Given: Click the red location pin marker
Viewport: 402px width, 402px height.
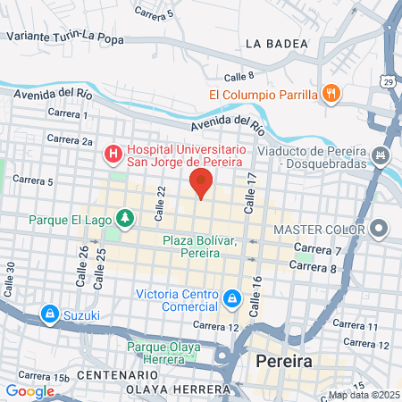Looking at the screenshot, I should (200, 183).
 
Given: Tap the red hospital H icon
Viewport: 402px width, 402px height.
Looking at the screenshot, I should (113, 155).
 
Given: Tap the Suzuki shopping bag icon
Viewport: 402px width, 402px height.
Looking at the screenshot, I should (48, 314).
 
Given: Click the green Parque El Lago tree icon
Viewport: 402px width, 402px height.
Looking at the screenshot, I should (126, 217).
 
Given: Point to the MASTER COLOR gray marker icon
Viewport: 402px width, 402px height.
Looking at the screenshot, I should (381, 229).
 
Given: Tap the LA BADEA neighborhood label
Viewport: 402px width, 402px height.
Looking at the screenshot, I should (275, 43).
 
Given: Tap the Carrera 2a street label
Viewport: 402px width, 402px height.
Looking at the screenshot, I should (70, 140).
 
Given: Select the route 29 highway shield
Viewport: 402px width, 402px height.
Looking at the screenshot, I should (393, 80).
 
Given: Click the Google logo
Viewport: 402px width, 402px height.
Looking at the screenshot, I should (29, 390).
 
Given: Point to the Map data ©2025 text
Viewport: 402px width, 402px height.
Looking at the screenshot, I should (363, 395).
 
